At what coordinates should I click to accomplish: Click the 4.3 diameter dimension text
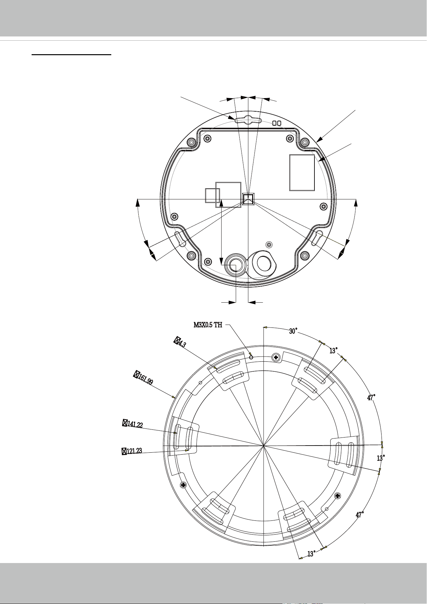click(x=180, y=342)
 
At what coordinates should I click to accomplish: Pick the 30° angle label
click(x=293, y=331)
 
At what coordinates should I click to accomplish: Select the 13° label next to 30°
click(x=333, y=350)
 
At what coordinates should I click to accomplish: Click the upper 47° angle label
click(x=372, y=398)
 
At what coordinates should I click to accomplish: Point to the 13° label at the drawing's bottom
click(x=311, y=554)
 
